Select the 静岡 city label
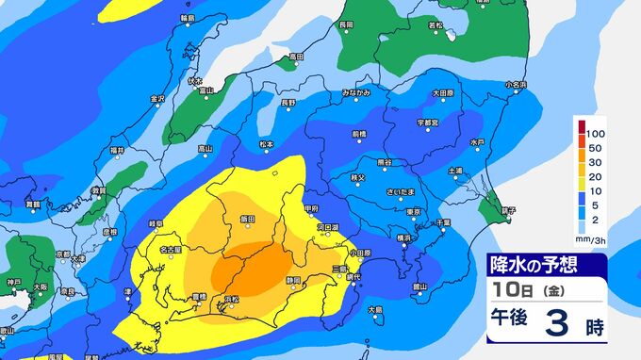[x=293, y=280]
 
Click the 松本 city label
[x=266, y=144]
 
